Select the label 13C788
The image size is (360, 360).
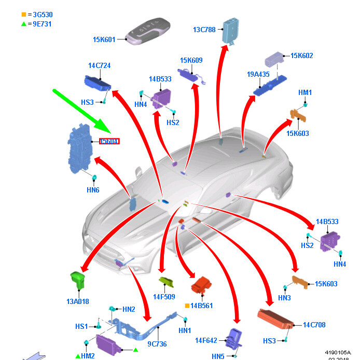[x=204, y=30]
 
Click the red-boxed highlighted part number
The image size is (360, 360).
[x=109, y=141]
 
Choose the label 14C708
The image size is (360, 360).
[x=314, y=325]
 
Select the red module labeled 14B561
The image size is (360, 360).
[x=203, y=285]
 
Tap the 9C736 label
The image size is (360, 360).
[x=157, y=343]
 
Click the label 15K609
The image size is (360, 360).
[x=191, y=61]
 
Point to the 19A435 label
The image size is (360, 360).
[x=258, y=74]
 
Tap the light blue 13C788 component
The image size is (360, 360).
[x=230, y=31]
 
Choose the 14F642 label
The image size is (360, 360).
[x=205, y=340]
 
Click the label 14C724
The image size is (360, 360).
[x=99, y=66]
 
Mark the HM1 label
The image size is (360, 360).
[x=305, y=92]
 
